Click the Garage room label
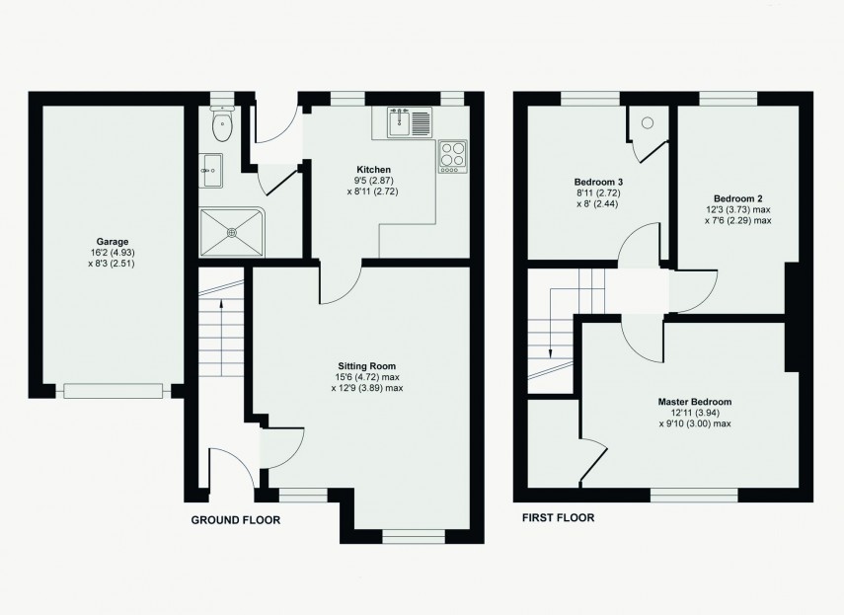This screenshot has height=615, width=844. [112, 241]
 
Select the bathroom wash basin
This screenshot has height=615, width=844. [212, 170]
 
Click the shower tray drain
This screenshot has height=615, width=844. [233, 233]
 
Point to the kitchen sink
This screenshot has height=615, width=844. [403, 123]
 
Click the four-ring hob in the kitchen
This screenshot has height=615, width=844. [453, 156]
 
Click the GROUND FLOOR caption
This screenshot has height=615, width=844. [235, 519]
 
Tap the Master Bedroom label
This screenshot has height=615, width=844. [695, 402]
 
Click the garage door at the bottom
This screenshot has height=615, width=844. [113, 392]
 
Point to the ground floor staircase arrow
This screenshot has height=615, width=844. [221, 301]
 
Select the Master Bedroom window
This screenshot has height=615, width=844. [693, 493]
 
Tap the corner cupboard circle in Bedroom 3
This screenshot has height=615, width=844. [649, 122]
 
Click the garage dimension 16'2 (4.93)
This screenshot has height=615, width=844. [112, 252]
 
